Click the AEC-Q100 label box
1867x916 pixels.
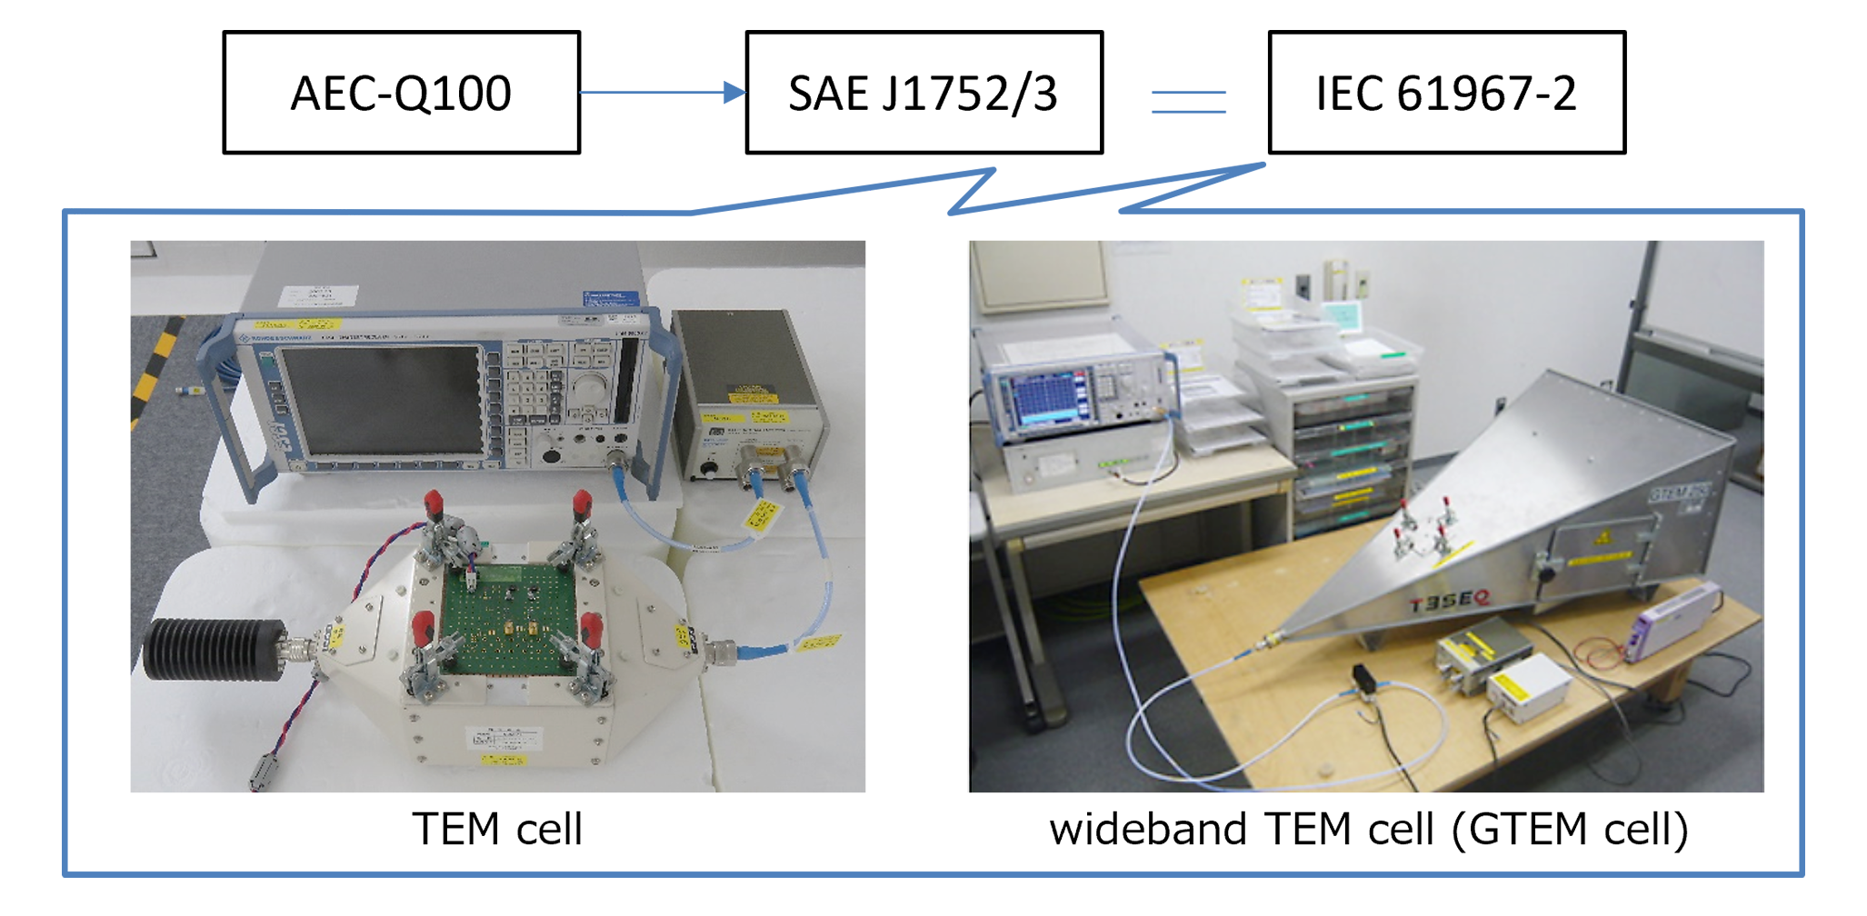point(401,93)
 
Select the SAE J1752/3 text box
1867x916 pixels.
point(923,93)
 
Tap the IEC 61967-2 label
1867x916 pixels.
point(1445,93)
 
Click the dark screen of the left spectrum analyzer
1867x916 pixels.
point(382,400)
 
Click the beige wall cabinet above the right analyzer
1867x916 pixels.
point(1038,264)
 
